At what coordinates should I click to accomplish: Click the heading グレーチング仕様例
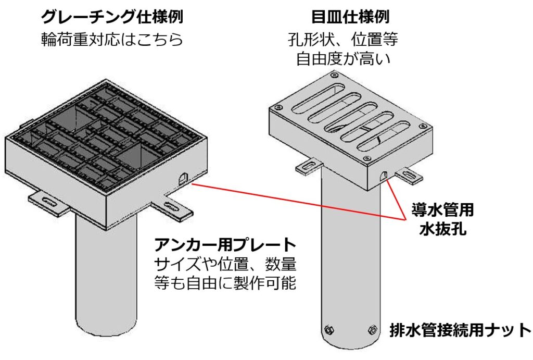tap(111, 17)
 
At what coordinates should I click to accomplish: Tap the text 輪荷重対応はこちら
tap(111, 40)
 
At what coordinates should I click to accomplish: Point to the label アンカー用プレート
tap(225, 244)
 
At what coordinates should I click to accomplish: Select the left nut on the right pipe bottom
tap(328, 330)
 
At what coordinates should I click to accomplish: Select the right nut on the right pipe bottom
tap(372, 329)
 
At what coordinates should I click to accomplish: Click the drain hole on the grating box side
tap(182, 178)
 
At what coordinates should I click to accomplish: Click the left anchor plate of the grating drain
tap(48, 202)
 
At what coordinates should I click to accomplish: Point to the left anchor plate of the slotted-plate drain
tap(309, 167)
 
